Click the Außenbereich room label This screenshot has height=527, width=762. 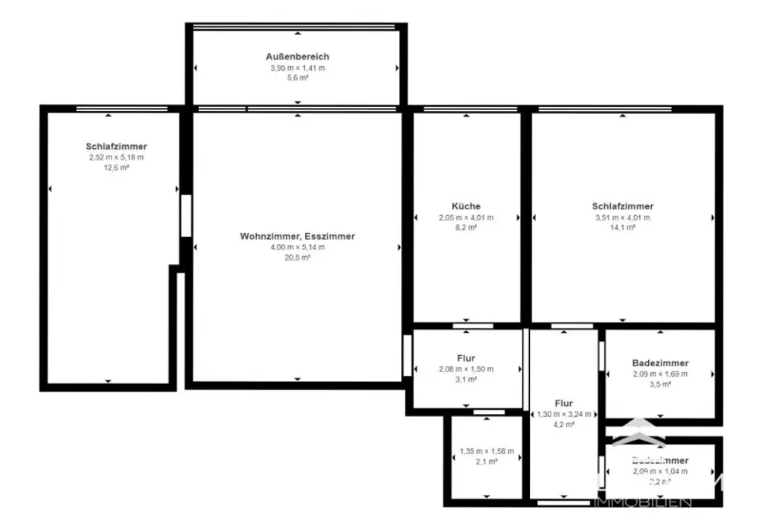coord(297,57)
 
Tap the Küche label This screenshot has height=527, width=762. coord(466,206)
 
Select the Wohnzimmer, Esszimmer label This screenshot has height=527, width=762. coord(297,236)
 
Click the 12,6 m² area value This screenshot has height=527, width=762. coord(116,168)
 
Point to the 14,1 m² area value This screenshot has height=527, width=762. coord(622,229)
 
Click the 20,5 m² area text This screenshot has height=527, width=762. coord(297,258)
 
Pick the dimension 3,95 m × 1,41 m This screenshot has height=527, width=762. coord(297,68)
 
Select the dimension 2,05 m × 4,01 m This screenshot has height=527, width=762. coord(466,217)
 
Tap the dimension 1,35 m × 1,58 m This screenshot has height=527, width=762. coord(487,450)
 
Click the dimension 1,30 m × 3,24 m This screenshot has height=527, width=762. coord(563,414)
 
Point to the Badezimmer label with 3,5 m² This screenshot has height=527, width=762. coord(660,363)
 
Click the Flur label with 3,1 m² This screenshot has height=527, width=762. coord(466,358)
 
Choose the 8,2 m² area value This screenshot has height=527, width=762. coord(466,229)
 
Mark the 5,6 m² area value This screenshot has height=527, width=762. coord(297,78)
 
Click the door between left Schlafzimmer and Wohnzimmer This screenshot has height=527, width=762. coord(185,216)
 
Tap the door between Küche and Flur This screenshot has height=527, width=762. coord(473,326)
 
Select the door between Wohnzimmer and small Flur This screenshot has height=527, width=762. coord(407,355)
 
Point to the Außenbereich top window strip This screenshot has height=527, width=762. coord(294,28)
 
